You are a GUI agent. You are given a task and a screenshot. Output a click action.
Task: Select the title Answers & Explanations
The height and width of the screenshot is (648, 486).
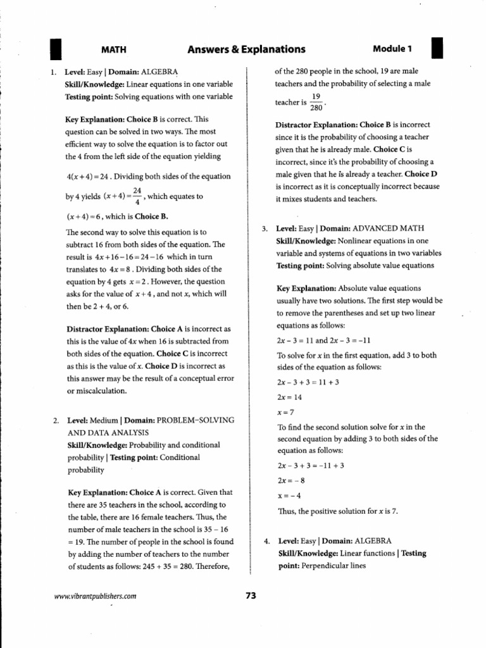246,49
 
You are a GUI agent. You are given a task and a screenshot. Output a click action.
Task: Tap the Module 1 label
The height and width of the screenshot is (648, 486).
392,49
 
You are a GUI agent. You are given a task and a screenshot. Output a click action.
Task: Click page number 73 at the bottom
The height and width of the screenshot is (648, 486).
250,595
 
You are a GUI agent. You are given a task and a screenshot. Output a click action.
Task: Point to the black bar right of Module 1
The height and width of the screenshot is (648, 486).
437,49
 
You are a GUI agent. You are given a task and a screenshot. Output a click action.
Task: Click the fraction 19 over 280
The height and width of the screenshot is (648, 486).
316,102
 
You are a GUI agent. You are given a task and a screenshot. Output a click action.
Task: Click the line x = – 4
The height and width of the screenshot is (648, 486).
289,495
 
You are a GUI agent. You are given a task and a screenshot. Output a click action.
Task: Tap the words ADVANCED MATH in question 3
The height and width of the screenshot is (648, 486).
388,228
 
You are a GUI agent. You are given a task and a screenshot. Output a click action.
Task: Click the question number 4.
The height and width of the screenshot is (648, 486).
267,541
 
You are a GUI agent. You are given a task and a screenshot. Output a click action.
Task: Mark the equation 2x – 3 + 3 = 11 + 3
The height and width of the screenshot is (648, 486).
308,382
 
